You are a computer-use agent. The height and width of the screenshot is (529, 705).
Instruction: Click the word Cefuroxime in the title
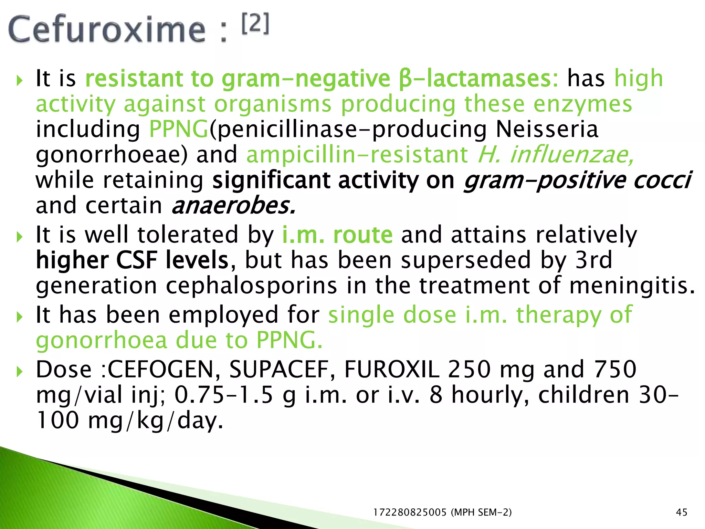point(107,30)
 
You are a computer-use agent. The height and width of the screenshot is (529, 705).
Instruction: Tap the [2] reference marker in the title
point(255,24)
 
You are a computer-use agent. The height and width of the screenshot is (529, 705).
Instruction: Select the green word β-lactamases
point(479,79)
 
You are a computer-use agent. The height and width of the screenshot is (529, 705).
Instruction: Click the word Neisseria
point(547,129)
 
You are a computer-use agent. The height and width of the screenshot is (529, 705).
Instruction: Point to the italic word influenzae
point(571,155)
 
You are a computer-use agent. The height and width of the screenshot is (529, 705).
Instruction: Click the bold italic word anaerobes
point(233,206)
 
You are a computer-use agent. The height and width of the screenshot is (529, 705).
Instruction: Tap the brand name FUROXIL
point(392,369)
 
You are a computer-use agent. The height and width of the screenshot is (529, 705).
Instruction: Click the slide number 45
point(682,512)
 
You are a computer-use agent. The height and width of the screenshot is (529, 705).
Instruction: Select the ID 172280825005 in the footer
point(410,512)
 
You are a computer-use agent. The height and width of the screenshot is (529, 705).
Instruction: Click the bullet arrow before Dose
point(20,371)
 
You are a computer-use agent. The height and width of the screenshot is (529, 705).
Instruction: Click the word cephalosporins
point(252,286)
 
